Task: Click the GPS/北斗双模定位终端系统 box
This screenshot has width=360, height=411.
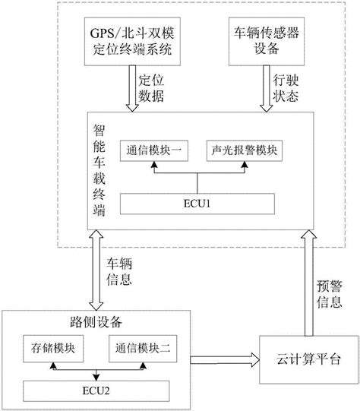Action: [x=132, y=42]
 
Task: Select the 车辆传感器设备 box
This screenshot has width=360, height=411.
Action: [x=267, y=42]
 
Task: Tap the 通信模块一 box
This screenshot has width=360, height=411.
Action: [x=154, y=150]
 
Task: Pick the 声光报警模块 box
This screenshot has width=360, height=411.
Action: [x=245, y=150]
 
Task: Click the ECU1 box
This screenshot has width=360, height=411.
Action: [x=197, y=204]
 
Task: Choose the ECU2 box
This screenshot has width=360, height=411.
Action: [x=96, y=391]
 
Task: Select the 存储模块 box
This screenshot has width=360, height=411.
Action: [x=53, y=349]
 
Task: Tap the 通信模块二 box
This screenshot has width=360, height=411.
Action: [x=143, y=349]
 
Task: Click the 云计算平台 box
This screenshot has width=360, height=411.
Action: [x=309, y=359]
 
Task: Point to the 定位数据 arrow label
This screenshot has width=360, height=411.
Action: [x=151, y=88]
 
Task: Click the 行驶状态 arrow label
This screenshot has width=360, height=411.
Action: [x=286, y=88]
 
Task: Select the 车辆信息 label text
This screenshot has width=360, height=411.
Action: [x=119, y=271]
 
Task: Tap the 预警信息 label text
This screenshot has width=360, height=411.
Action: [x=330, y=294]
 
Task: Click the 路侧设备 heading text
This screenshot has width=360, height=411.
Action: [x=96, y=322]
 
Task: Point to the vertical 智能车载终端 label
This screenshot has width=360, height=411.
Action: [x=99, y=170]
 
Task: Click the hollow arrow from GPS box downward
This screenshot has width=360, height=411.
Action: [x=132, y=89]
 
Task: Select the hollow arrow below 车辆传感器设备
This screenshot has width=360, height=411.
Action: [x=267, y=89]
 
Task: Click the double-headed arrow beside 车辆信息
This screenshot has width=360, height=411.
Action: [x=96, y=270]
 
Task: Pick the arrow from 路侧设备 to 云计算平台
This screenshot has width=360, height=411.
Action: [x=225, y=359]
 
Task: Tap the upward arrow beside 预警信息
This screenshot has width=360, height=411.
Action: [x=309, y=283]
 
